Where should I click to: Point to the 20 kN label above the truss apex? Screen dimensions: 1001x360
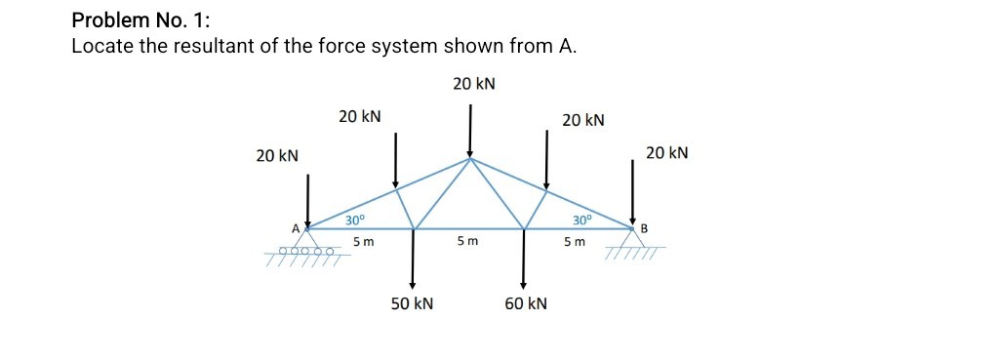(x=474, y=84)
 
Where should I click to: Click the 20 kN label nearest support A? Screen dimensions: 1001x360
(x=277, y=155)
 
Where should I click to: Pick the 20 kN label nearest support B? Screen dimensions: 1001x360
(x=667, y=152)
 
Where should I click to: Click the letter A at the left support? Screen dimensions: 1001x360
(x=295, y=228)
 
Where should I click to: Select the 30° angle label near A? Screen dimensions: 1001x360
(x=354, y=220)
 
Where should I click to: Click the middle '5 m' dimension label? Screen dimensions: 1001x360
(x=468, y=241)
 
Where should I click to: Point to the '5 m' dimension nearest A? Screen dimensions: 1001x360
(x=363, y=241)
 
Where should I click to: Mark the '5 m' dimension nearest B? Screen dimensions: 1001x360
(x=576, y=241)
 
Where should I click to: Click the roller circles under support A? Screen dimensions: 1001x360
(x=306, y=251)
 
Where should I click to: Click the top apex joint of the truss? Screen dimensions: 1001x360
(x=470, y=158)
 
